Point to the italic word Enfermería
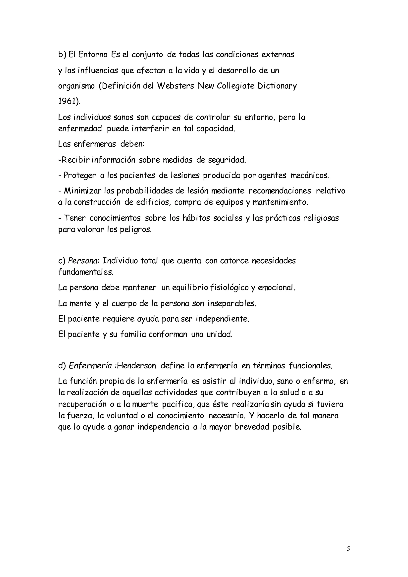point(90,366)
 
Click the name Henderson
point(136,366)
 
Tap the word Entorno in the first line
point(93,55)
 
